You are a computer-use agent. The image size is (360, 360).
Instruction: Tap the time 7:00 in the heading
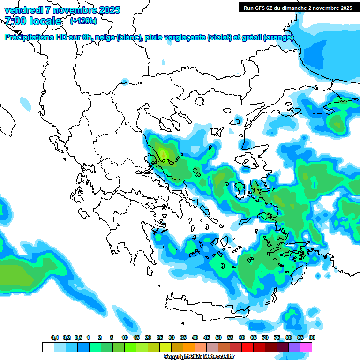pyautogui.click(x=17, y=21)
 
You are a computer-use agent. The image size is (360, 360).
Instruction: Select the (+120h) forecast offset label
pyautogui.click(x=83, y=21)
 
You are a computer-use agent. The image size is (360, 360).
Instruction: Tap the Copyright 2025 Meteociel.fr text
pyautogui.click(x=199, y=357)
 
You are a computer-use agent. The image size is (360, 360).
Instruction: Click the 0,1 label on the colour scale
pyautogui.click(x=55, y=338)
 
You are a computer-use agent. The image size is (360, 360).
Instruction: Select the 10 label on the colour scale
pyautogui.click(x=125, y=338)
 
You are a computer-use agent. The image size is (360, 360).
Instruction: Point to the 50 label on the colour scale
pyautogui.click(x=218, y=338)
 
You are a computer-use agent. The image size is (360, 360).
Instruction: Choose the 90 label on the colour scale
pyautogui.click(x=312, y=338)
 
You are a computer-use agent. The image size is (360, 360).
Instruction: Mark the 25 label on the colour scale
pyautogui.click(x=160, y=338)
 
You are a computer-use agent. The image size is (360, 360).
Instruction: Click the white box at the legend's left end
pyautogui.click(x=48, y=347)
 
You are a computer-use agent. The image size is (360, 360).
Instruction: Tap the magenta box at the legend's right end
pyautogui.click(x=306, y=347)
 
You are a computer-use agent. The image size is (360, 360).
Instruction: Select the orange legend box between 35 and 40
pyautogui.click(x=189, y=347)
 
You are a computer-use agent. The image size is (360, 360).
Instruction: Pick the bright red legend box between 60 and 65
pyautogui.click(x=247, y=347)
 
